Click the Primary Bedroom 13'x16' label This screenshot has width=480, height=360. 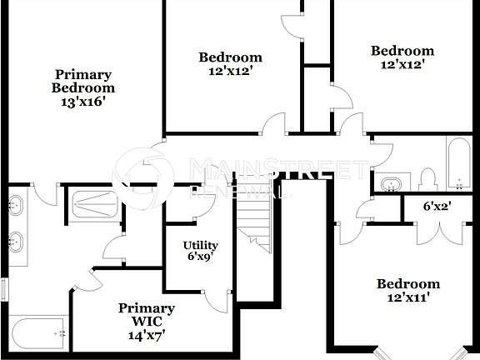click(83, 87)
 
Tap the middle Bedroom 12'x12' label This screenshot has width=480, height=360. click(230, 64)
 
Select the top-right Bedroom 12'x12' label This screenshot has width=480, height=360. click(402, 57)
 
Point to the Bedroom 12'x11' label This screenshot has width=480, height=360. click(407, 290)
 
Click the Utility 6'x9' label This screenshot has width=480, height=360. click(200, 251)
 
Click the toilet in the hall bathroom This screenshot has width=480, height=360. click(427, 178)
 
